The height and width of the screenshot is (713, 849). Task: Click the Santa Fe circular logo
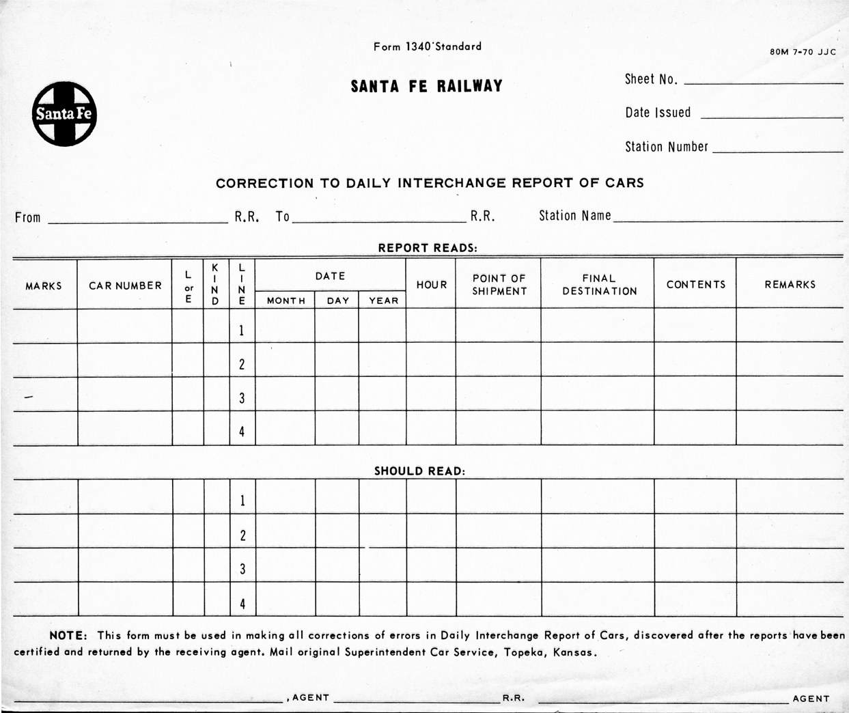click(x=64, y=114)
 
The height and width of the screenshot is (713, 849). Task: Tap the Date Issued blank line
click(x=772, y=116)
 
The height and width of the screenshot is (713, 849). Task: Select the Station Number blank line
click(x=777, y=150)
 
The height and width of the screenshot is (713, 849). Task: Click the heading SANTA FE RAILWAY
click(x=426, y=87)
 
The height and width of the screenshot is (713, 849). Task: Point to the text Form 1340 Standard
click(x=427, y=46)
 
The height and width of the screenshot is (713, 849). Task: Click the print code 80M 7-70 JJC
click(x=803, y=52)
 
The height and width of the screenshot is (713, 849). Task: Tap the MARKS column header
click(x=44, y=285)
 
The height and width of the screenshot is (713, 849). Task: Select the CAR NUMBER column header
click(x=125, y=285)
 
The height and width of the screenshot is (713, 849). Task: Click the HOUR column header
click(x=432, y=285)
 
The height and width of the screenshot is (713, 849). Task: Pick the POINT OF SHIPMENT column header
click(x=499, y=285)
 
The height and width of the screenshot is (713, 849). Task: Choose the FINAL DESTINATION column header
click(x=599, y=285)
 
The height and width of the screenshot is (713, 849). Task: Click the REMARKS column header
click(x=790, y=285)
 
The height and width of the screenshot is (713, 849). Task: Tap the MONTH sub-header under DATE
click(x=286, y=300)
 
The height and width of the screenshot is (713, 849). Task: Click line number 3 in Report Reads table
click(x=242, y=398)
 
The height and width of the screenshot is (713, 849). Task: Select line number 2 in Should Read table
click(x=242, y=535)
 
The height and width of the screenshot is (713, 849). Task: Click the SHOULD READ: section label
click(x=419, y=471)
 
